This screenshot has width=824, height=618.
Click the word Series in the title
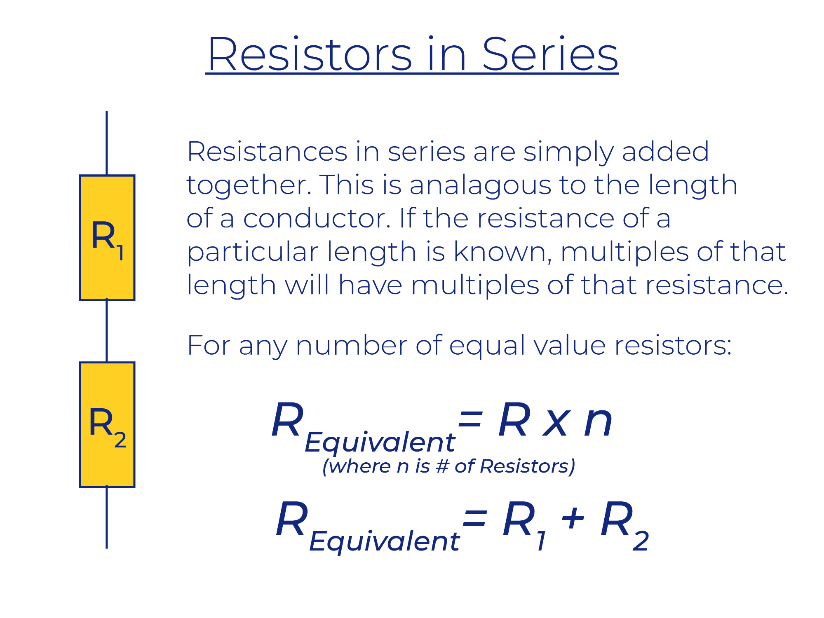click(550, 54)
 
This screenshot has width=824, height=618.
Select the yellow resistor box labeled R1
click(107, 238)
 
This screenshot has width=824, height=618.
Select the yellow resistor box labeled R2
click(107, 425)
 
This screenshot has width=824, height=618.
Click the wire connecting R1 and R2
click(107, 331)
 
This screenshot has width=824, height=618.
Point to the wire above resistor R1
click(107, 143)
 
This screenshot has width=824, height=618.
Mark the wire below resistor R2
click(107, 518)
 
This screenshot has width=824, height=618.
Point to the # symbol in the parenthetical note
click(442, 466)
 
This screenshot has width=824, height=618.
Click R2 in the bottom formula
click(624, 525)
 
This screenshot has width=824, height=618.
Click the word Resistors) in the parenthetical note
click(528, 466)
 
